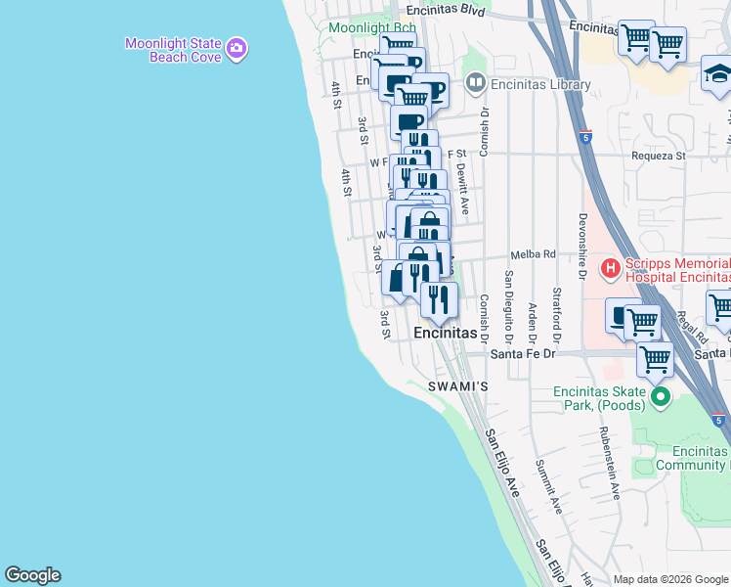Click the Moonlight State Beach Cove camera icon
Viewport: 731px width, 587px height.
236,47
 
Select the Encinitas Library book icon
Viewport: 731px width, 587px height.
476,83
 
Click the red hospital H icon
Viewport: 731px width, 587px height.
611,266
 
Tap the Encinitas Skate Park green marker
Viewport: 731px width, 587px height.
661,396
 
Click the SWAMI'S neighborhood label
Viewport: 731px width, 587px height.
458,387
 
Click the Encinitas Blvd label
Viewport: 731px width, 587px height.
445,11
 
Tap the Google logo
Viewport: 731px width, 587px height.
32,575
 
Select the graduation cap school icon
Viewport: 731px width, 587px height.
718,73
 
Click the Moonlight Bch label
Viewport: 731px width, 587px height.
360,27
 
